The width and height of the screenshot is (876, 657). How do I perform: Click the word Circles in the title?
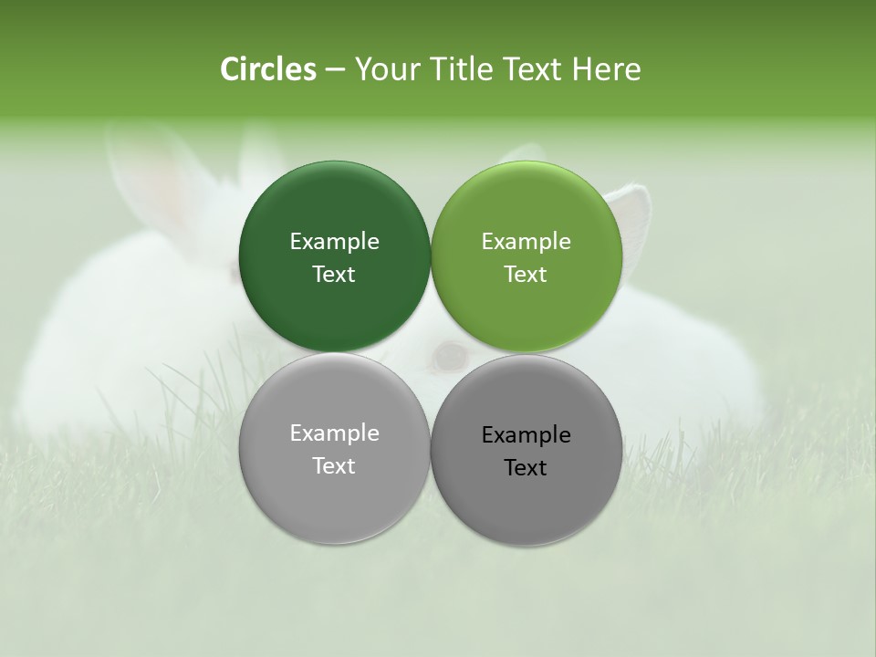[x=268, y=69]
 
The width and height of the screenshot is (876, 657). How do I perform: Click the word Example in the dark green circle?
[x=334, y=242]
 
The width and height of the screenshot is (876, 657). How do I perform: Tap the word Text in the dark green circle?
[x=334, y=275]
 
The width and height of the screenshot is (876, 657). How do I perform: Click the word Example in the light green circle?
[x=527, y=242]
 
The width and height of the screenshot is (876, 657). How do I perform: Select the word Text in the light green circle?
[x=527, y=275]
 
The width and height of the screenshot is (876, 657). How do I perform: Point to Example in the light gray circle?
[x=334, y=433]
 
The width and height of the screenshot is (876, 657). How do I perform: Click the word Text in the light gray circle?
[x=334, y=466]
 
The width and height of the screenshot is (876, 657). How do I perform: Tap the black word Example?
[x=527, y=435]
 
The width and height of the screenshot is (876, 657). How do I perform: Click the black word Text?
[x=527, y=468]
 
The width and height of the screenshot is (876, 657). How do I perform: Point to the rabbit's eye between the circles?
[x=448, y=356]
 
